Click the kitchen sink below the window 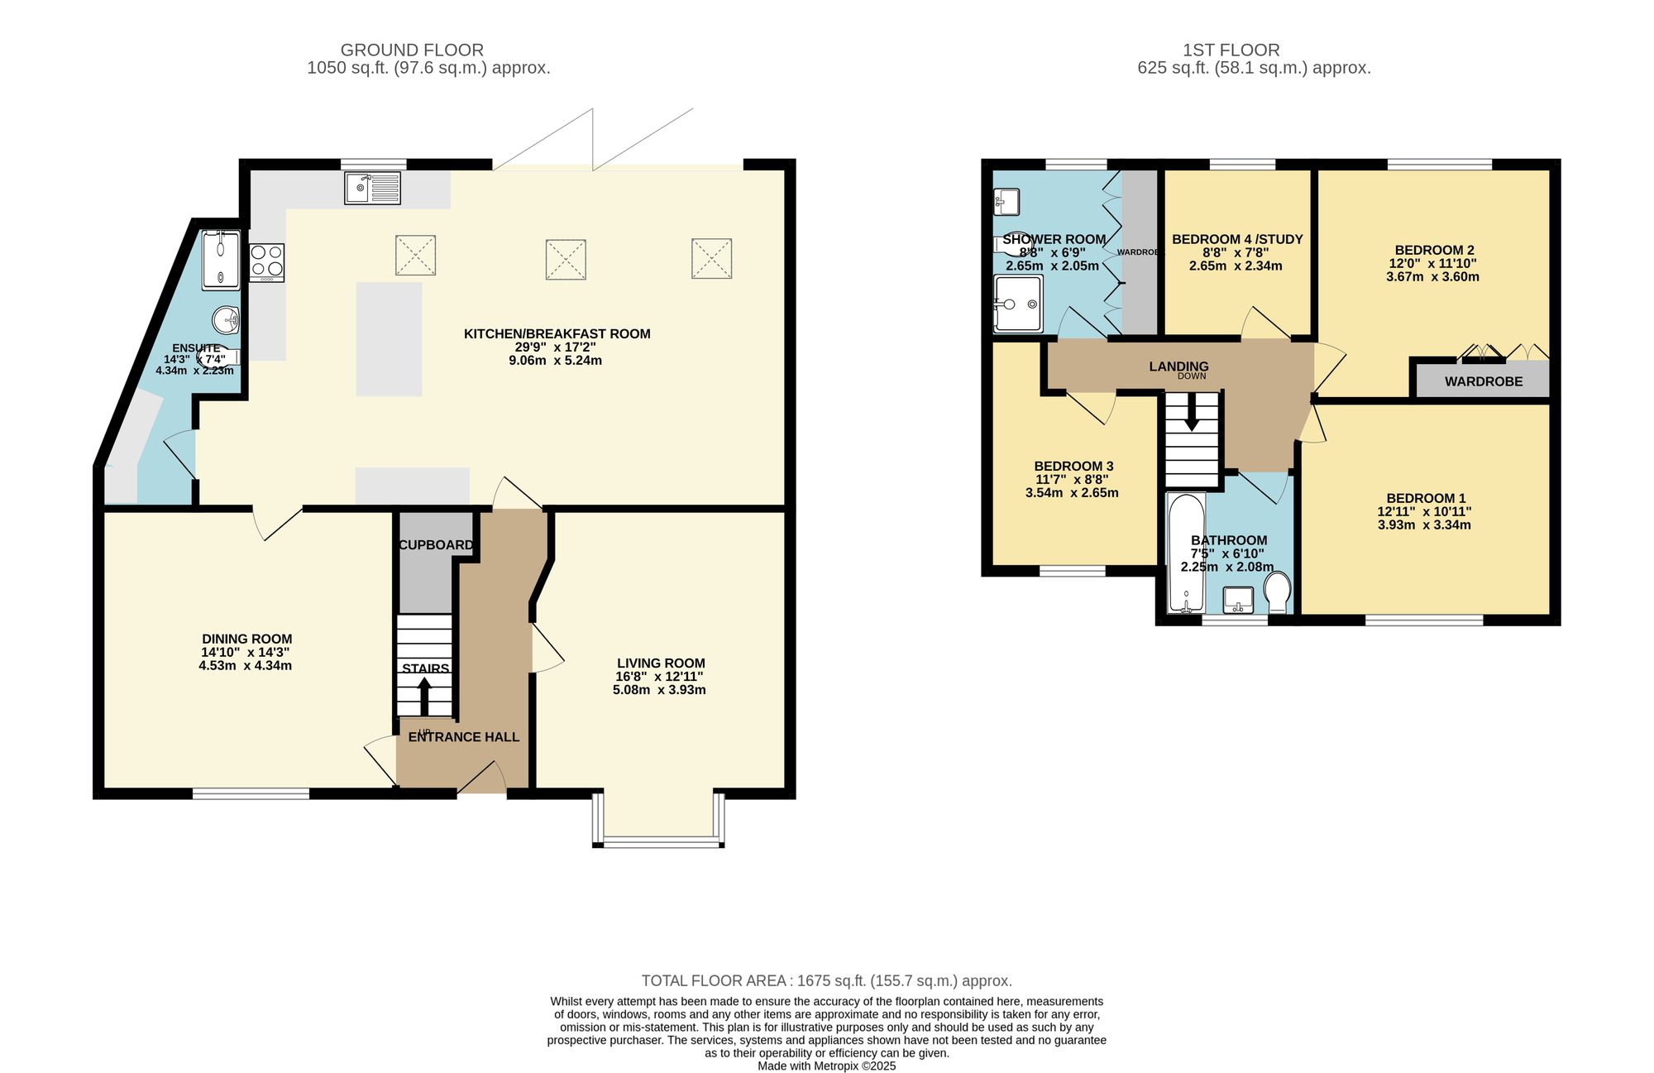pyautogui.click(x=373, y=188)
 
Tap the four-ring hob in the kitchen pyautogui.click(x=266, y=262)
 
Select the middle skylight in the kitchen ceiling pyautogui.click(x=566, y=259)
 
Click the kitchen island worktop pyautogui.click(x=389, y=339)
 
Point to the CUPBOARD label pyautogui.click(x=436, y=545)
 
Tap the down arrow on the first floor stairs pyautogui.click(x=1192, y=412)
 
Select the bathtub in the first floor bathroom pyautogui.click(x=1186, y=553)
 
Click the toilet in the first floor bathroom pyautogui.click(x=1278, y=592)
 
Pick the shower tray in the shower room pyautogui.click(x=1018, y=304)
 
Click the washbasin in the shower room pyautogui.click(x=1006, y=201)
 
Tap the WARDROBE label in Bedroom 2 pyautogui.click(x=1484, y=382)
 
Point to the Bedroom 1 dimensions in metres pyautogui.click(x=1424, y=525)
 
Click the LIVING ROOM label pyautogui.click(x=661, y=663)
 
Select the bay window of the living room pyautogui.click(x=659, y=842)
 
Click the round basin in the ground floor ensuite pyautogui.click(x=225, y=319)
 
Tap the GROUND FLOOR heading pyautogui.click(x=412, y=50)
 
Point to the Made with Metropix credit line pyautogui.click(x=826, y=1066)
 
